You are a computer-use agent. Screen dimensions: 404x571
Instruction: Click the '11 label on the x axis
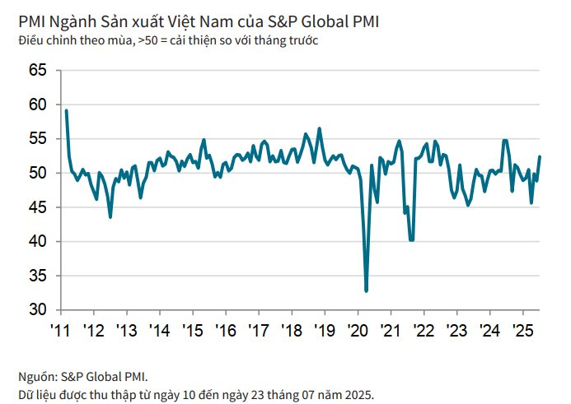tap(60, 330)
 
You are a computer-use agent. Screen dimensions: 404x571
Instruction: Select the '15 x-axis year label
tap(192, 330)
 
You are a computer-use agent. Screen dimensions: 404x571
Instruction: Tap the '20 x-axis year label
tap(357, 330)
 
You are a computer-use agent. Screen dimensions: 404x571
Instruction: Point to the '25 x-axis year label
tap(522, 330)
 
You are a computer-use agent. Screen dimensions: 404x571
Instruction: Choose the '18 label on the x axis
tap(291, 330)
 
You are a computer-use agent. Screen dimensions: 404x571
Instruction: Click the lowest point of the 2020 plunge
tap(366, 290)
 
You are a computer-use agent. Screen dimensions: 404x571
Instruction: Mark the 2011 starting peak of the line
tap(66, 110)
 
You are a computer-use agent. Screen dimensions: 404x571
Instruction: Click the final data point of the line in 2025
tap(540, 156)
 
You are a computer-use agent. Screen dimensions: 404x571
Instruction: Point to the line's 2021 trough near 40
tap(411, 239)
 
